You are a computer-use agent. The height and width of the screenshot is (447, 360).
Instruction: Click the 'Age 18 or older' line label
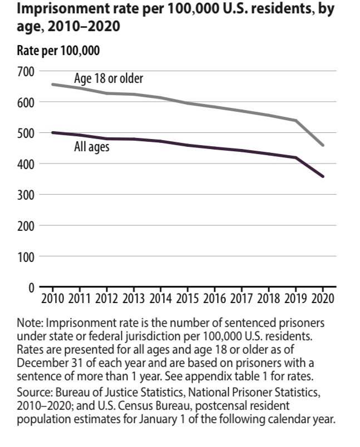109,78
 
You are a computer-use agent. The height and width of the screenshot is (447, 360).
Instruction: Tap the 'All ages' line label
92,148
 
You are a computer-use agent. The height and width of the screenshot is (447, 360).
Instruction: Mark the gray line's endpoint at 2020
323,145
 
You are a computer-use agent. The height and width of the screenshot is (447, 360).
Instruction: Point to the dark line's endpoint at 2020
323,176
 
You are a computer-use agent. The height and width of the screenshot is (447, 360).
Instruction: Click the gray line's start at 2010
52,85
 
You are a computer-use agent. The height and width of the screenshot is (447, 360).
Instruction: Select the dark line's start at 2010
52,132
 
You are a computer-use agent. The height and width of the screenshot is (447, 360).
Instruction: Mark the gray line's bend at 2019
295,121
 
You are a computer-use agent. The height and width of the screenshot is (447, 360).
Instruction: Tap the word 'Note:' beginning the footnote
29,323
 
